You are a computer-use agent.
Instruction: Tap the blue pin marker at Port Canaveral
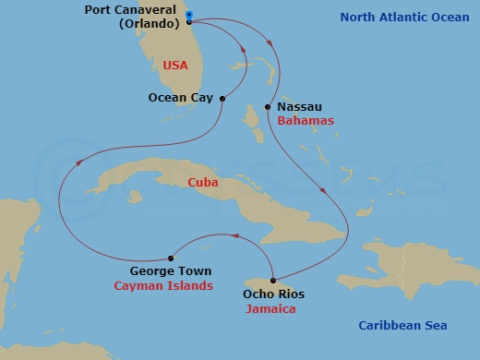pyautogui.click(x=188, y=16)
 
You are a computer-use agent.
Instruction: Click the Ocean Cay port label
pyautogui.click(x=181, y=96)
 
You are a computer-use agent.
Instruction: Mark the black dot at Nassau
pyautogui.click(x=268, y=107)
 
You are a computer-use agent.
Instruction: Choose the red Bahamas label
pyautogui.click(x=305, y=121)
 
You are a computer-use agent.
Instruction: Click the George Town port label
pyautogui.click(x=170, y=271)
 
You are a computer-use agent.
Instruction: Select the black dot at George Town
pyautogui.click(x=171, y=258)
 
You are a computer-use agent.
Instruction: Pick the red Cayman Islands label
pyautogui.click(x=162, y=286)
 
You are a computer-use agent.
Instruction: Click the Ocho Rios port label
pyautogui.click(x=273, y=294)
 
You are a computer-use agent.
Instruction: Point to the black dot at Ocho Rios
pyautogui.click(x=274, y=280)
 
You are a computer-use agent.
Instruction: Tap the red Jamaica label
pyautogui.click(x=270, y=309)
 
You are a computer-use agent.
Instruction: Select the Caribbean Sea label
pyautogui.click(x=402, y=325)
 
